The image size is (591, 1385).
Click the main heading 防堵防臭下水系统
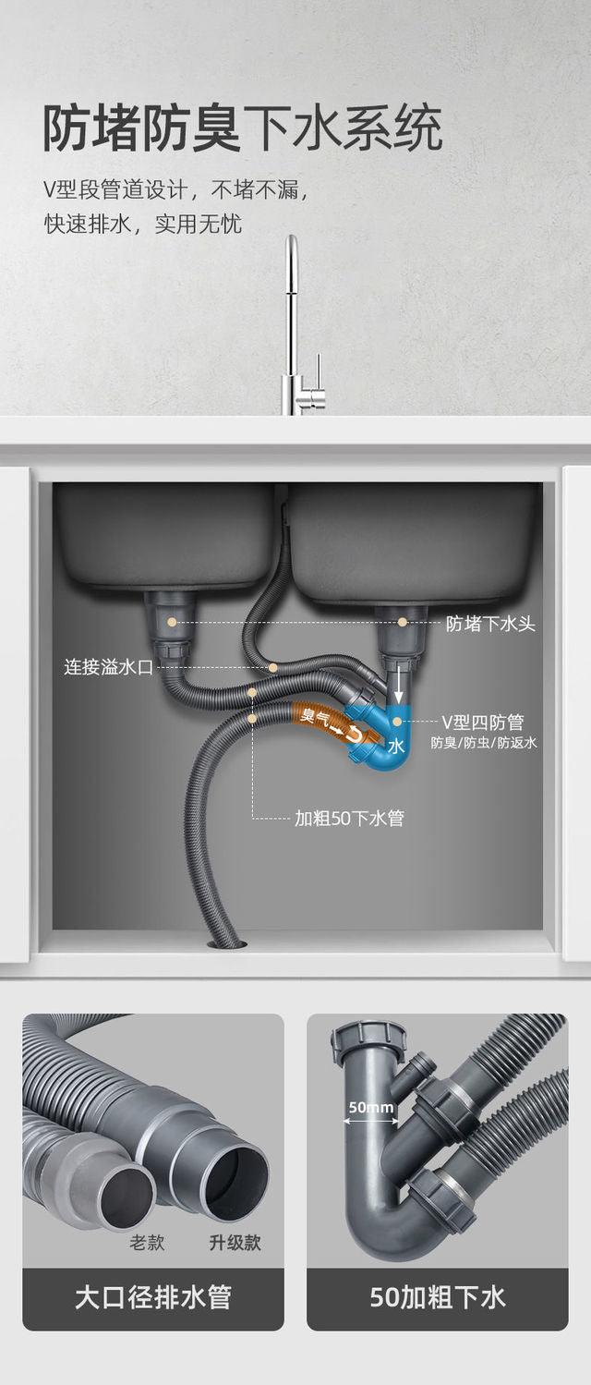[242, 128]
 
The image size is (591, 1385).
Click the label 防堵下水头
[490, 624]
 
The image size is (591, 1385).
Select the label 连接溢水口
[108, 666]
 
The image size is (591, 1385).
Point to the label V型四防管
[483, 722]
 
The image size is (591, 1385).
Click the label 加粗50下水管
[349, 818]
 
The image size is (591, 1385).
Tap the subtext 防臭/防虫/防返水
[484, 743]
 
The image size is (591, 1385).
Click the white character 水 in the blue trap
[395, 746]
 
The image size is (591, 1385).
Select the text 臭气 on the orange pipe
[314, 716]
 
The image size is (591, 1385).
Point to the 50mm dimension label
[371, 1107]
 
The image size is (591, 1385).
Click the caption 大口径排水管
[153, 1297]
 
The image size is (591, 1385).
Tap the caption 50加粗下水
[438, 1297]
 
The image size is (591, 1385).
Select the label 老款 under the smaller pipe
[147, 1243]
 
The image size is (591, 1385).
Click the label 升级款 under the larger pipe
[235, 1243]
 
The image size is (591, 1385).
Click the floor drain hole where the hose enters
[226, 942]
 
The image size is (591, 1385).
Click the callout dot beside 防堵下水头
[404, 623]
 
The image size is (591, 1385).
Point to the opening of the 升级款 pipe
[234, 1180]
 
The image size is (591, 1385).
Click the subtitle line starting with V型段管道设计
[175, 190]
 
